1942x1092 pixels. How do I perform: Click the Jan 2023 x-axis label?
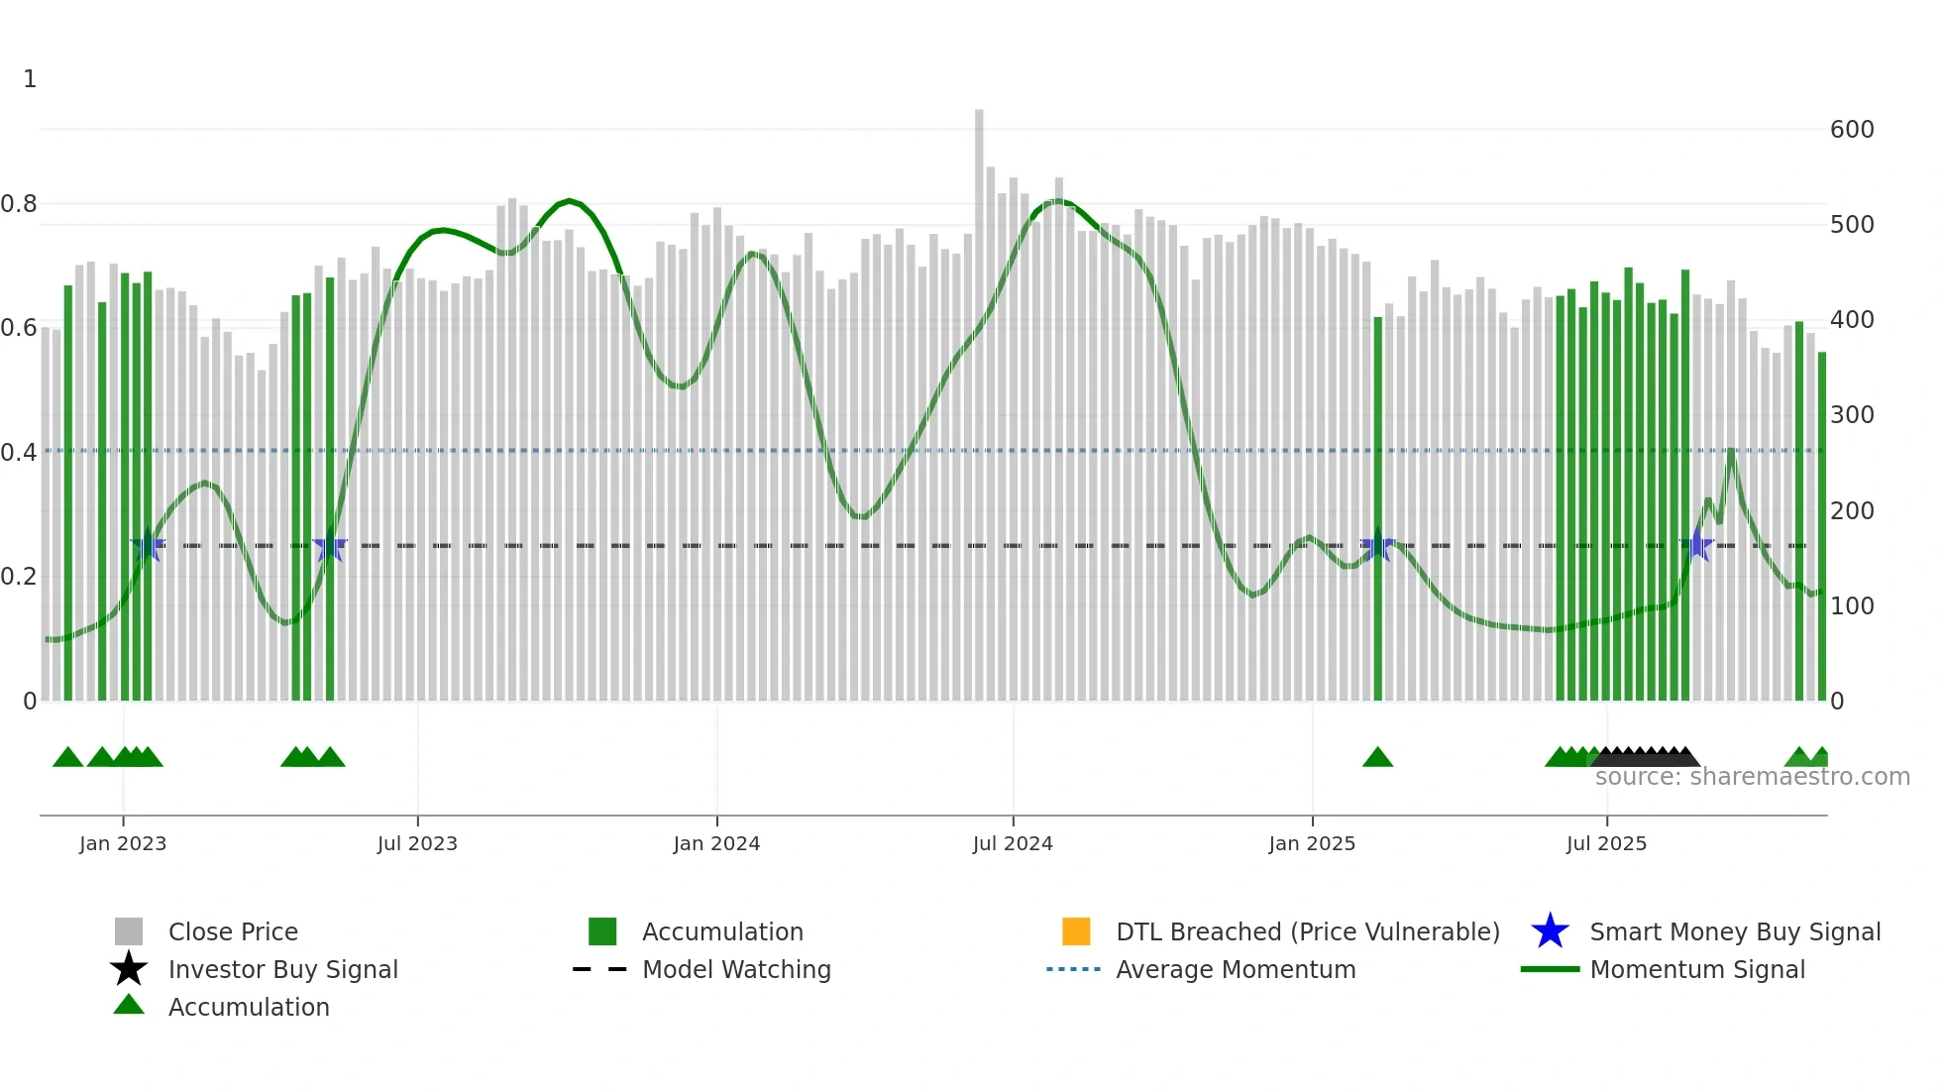[123, 844]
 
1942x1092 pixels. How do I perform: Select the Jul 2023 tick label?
[417, 844]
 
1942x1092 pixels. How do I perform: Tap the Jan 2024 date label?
[716, 844]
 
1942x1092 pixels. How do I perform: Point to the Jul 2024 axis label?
[1013, 844]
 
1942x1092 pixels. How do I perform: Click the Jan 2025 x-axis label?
[1312, 844]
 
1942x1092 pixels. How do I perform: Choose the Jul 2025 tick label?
[1606, 844]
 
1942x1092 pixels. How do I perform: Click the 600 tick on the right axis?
[1852, 130]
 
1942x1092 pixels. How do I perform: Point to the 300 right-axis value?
[1852, 415]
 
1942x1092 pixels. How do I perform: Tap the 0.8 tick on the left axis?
[19, 205]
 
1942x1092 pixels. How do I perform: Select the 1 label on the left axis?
[30, 79]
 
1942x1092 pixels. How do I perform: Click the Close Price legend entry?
[233, 932]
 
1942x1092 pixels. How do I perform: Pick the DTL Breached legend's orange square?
[1076, 931]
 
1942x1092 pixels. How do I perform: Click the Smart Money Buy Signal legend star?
[1550, 931]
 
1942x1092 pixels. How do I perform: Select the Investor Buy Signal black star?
[129, 969]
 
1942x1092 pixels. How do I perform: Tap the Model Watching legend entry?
[736, 970]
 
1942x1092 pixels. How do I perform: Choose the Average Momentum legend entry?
[1236, 970]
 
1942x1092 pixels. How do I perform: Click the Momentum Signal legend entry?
[1697, 970]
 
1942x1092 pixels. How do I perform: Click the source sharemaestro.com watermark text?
[1752, 777]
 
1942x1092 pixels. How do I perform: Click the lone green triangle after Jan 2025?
[1377, 758]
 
